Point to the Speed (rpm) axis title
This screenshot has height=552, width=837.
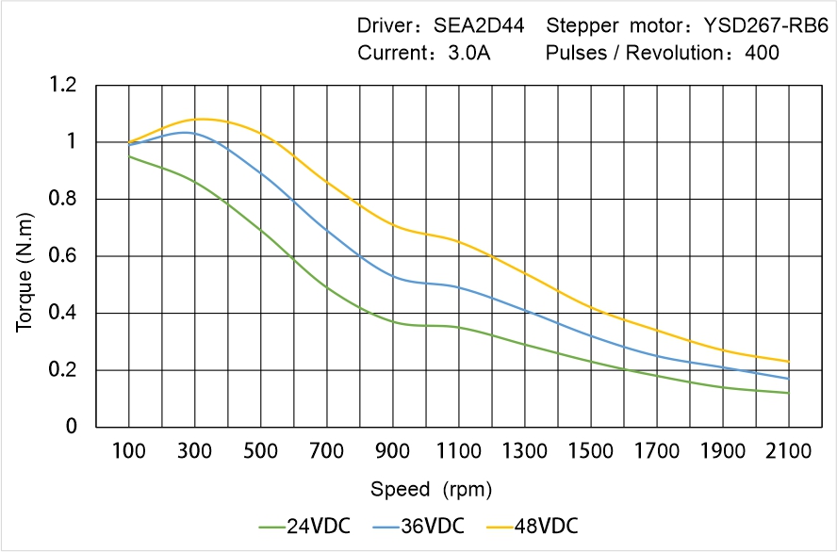[x=431, y=490]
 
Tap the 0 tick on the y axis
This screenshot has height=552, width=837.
[x=72, y=427]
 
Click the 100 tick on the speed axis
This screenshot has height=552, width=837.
[x=129, y=451]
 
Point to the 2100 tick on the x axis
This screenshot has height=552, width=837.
[x=789, y=451]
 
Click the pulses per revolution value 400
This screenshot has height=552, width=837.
[x=762, y=53]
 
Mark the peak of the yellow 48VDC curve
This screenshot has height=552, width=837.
[x=302, y=119]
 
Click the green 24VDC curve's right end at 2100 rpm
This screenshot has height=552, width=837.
[x=789, y=393]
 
